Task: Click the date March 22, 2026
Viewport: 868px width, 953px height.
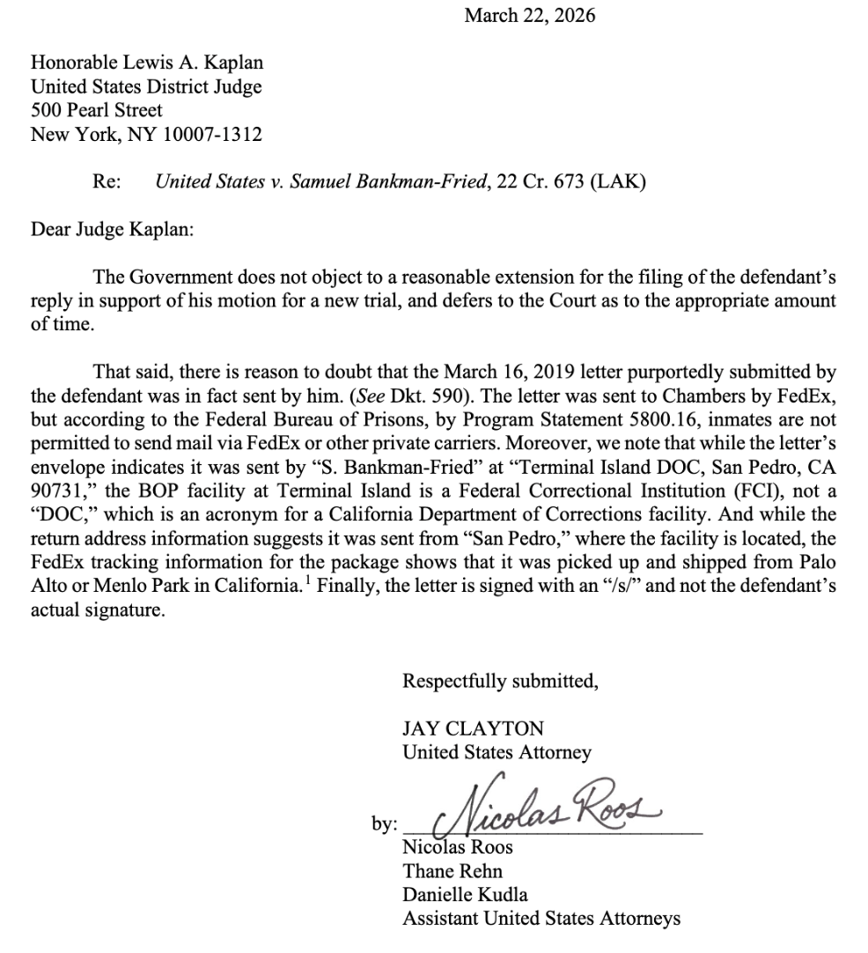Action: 530,15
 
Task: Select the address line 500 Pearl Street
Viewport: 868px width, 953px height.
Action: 97,111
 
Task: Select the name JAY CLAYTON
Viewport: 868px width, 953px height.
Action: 473,728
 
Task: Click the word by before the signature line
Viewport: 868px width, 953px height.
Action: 384,825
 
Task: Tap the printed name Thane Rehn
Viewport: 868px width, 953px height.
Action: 452,871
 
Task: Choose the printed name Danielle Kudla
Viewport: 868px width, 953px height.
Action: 465,895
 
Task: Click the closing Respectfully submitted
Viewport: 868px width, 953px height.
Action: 500,681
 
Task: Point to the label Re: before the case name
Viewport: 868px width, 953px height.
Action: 107,182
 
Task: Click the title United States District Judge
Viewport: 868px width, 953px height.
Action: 146,87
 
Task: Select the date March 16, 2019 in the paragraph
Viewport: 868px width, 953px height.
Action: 576,366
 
